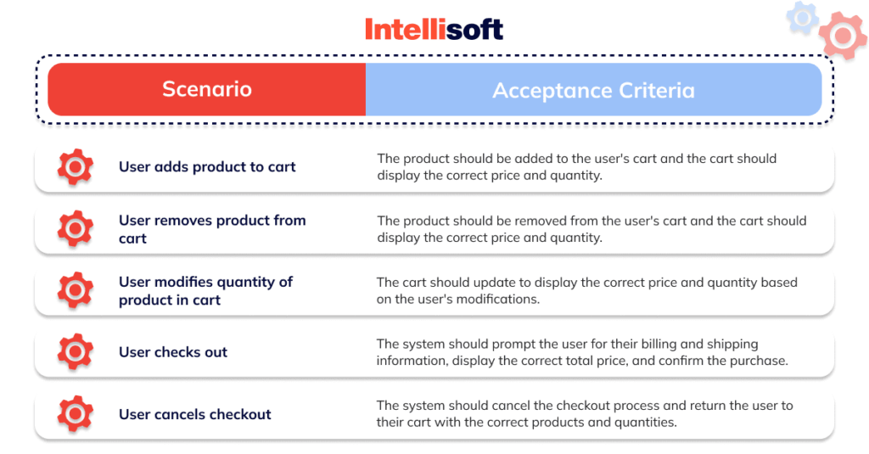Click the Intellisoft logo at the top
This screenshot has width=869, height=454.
click(434, 29)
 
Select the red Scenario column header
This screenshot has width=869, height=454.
click(207, 89)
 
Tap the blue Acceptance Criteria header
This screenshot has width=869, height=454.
click(593, 90)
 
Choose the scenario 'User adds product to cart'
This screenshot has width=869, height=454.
click(207, 166)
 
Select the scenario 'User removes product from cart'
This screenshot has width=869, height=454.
click(212, 229)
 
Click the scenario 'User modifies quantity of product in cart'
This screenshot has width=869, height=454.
click(205, 291)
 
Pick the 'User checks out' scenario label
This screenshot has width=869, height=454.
click(173, 352)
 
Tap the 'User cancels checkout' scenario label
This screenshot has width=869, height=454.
click(195, 414)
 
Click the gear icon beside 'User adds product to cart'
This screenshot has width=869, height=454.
click(75, 167)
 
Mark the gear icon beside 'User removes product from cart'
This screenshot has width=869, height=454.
click(75, 229)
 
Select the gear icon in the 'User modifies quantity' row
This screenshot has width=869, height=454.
click(75, 291)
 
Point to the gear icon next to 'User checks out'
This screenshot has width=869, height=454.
click(75, 352)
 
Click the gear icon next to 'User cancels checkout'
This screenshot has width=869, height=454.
click(75, 414)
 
